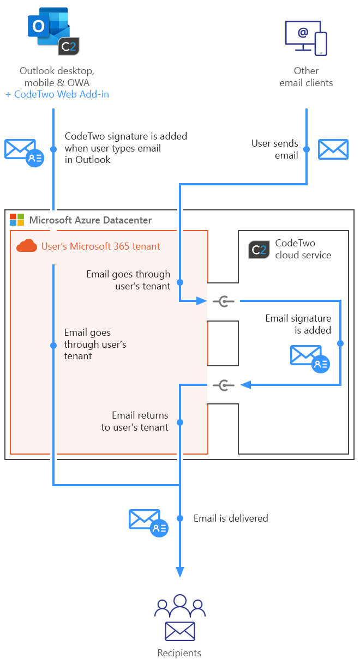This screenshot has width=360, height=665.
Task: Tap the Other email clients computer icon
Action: click(306, 38)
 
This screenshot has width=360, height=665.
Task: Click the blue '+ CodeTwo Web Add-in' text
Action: click(57, 94)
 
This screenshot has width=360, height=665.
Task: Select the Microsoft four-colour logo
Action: click(17, 220)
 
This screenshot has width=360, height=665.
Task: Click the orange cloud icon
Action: click(27, 246)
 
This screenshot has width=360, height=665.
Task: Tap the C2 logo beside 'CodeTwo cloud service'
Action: click(259, 249)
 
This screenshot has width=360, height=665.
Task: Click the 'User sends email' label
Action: click(275, 149)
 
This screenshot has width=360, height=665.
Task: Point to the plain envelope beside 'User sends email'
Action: click(333, 149)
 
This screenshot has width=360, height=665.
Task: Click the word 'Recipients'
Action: click(179, 652)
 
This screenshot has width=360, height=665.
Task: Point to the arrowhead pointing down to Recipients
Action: click(180, 571)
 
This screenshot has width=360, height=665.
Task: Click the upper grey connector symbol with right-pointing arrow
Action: click(223, 301)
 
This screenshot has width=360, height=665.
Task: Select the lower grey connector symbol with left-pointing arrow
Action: click(223, 385)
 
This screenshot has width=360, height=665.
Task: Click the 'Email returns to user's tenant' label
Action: click(135, 421)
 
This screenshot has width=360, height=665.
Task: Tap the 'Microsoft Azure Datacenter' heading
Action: click(91, 220)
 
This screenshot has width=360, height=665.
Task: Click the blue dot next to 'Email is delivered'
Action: click(180, 518)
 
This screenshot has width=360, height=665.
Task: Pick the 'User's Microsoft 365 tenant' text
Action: click(101, 246)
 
